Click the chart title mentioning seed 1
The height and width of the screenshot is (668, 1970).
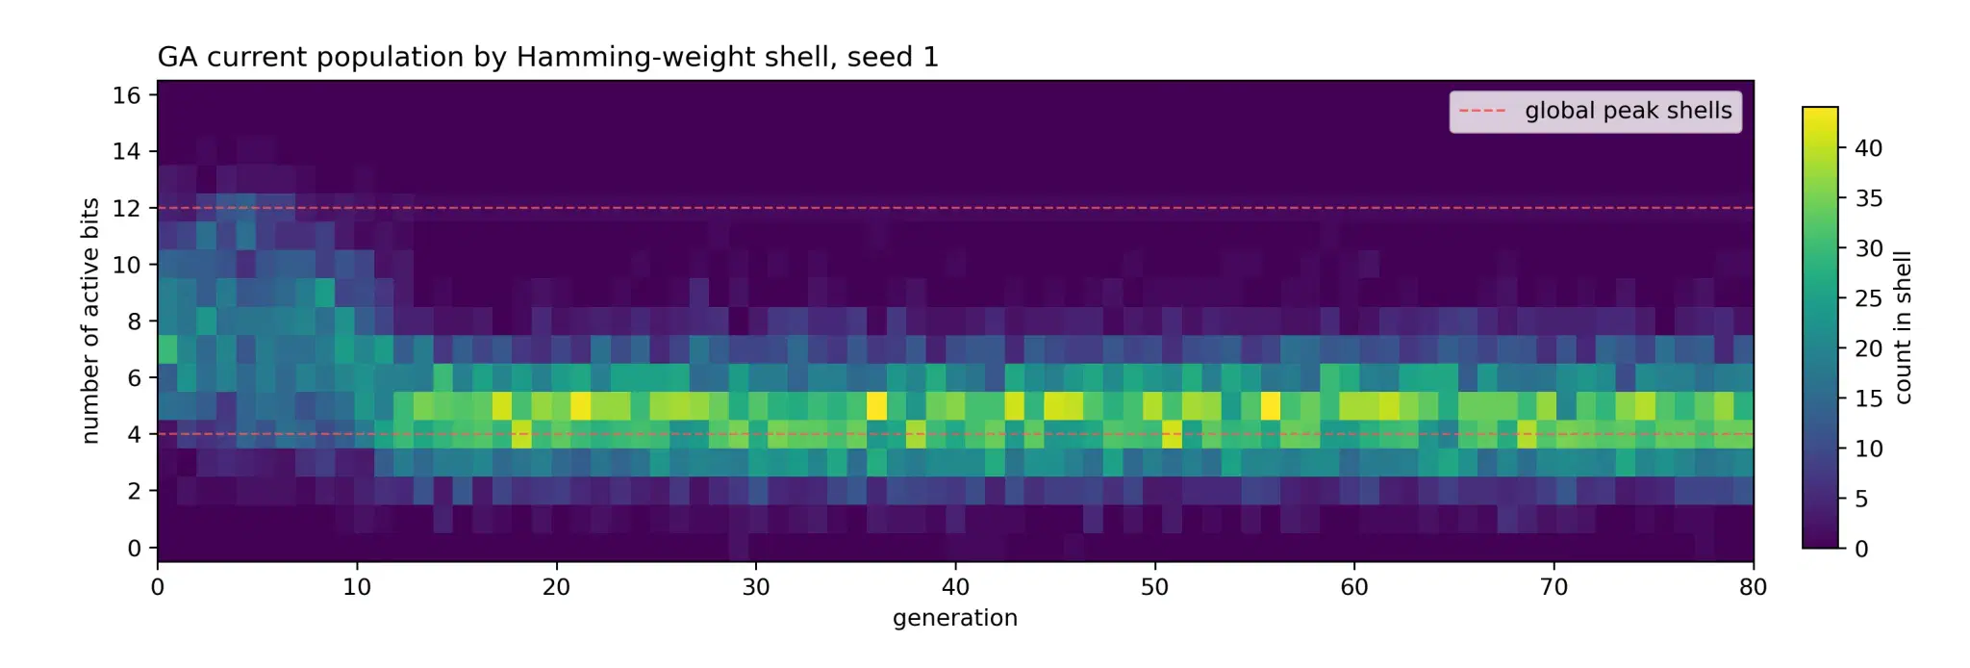coord(548,58)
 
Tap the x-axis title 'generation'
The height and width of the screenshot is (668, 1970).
coord(955,618)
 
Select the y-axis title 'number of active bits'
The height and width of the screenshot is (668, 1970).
coord(90,321)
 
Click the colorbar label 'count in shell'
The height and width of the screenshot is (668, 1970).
coord(1903,327)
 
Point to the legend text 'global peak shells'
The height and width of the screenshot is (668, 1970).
coord(1629,111)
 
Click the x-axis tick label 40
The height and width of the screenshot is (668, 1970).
coord(955,587)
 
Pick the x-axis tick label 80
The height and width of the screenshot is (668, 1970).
coord(1754,587)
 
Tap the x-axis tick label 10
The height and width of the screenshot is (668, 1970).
coord(357,587)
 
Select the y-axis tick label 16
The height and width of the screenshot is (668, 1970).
coord(127,95)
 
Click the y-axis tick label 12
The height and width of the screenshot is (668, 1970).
coord(127,208)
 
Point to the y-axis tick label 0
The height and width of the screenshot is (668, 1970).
coord(135,548)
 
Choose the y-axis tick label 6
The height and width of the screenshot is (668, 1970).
coord(135,378)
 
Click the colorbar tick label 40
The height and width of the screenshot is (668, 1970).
coord(1869,148)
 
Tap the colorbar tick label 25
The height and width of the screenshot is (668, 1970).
coord(1869,298)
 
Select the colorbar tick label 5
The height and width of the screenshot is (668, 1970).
coord(1861,499)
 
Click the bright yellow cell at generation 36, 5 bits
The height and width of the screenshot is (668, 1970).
coord(876,406)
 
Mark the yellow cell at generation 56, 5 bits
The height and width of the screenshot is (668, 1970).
coord(1271,406)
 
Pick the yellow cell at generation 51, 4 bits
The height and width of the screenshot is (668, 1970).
coord(1172,434)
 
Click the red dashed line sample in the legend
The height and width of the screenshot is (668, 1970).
coord(1482,112)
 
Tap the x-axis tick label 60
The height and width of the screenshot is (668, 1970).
coord(1354,587)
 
